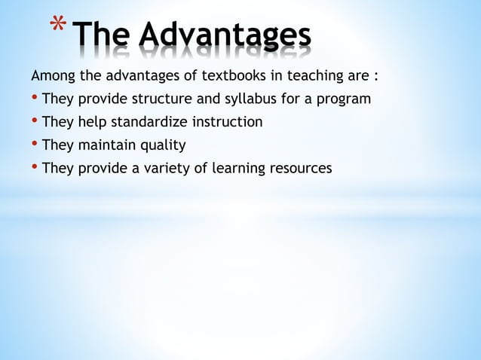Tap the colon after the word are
coord(375,77)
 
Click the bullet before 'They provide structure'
coord(35,99)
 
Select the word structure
coord(157,99)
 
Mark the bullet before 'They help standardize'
coord(35,122)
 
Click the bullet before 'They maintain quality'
coord(35,145)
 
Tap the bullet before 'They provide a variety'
coord(35,168)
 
